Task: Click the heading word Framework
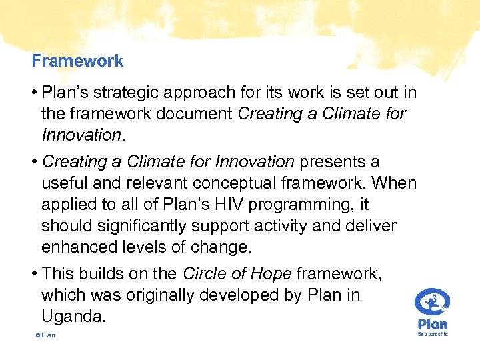click(x=77, y=61)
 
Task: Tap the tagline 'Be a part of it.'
click(x=433, y=334)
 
